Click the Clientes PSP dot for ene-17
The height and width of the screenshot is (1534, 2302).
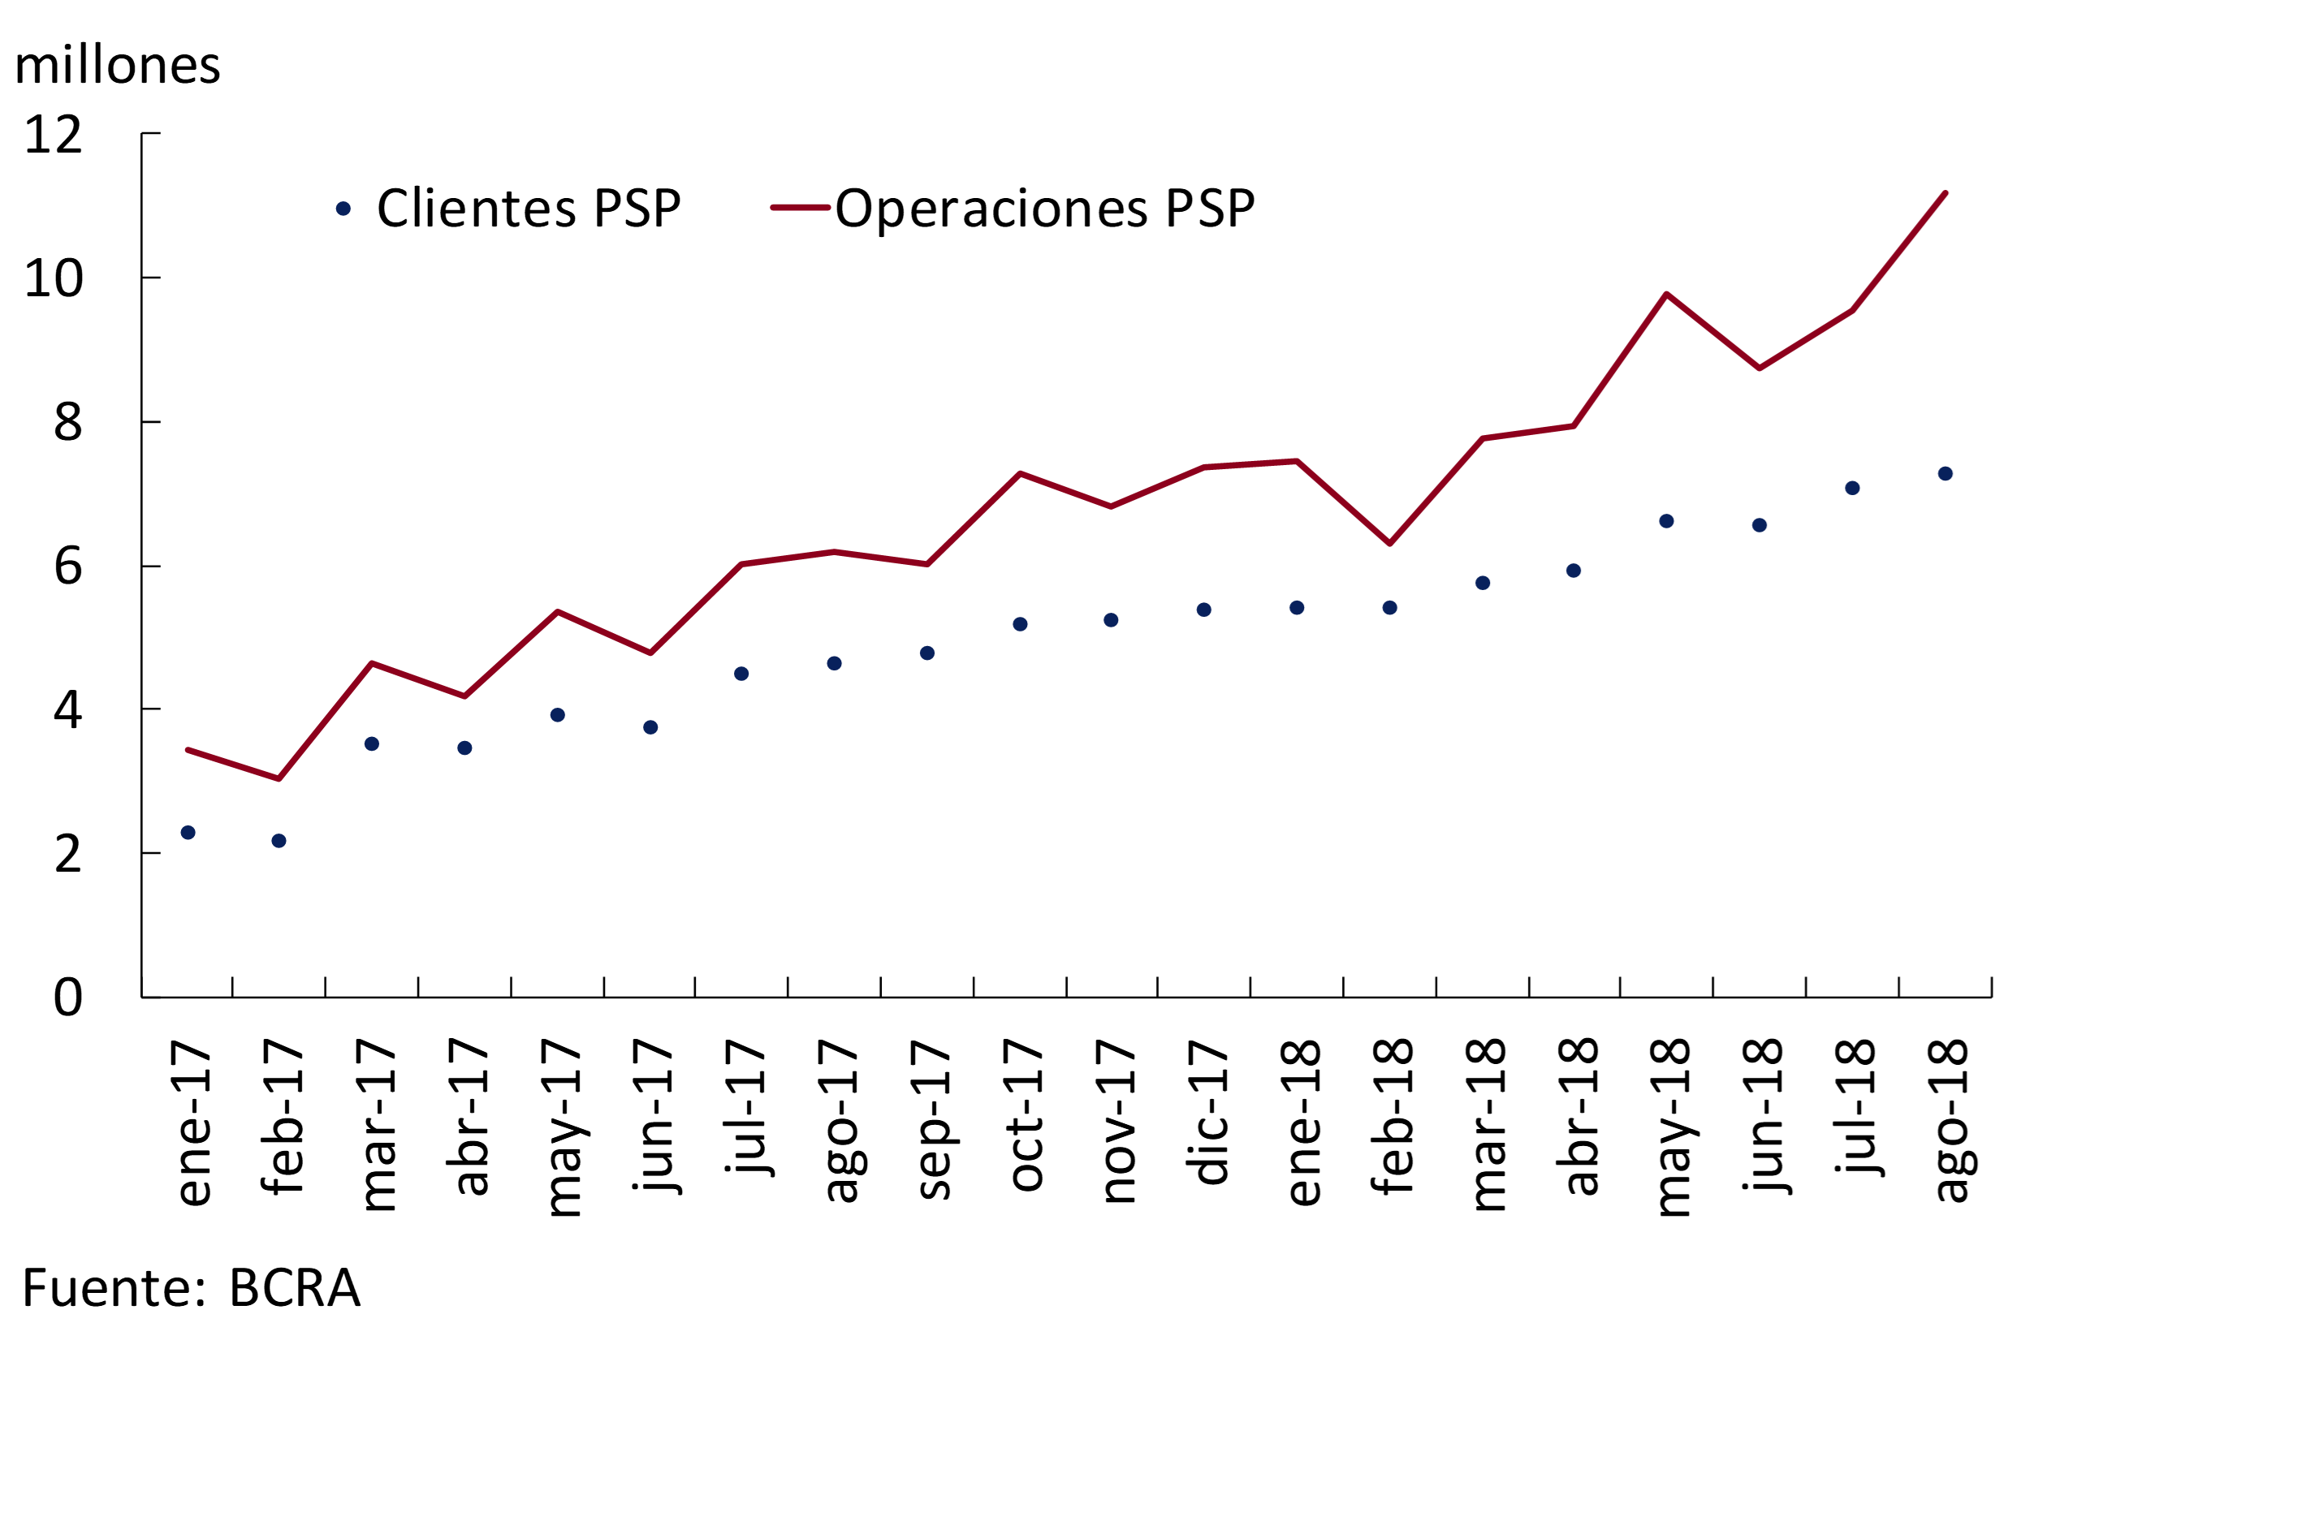tap(188, 833)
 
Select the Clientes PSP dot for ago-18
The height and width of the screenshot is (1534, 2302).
tap(1945, 473)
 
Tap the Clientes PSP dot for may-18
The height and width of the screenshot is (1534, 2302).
tap(1666, 521)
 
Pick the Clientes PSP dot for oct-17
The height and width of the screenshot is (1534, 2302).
tap(1020, 624)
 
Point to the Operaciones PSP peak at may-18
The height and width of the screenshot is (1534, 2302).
tap(1666, 294)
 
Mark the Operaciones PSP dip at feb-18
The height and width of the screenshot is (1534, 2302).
tap(1390, 543)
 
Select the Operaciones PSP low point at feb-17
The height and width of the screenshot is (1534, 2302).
tap(279, 778)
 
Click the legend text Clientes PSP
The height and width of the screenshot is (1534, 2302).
tap(529, 209)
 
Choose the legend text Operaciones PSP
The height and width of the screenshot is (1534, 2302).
tap(1044, 209)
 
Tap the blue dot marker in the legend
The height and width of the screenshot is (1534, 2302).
tap(343, 209)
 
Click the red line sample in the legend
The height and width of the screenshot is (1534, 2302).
tap(800, 208)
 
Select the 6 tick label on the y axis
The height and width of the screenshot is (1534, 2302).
tap(67, 567)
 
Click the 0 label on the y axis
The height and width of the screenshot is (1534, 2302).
tap(67, 997)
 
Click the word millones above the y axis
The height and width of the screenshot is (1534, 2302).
tap(118, 66)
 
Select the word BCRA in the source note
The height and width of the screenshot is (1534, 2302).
tap(295, 1288)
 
